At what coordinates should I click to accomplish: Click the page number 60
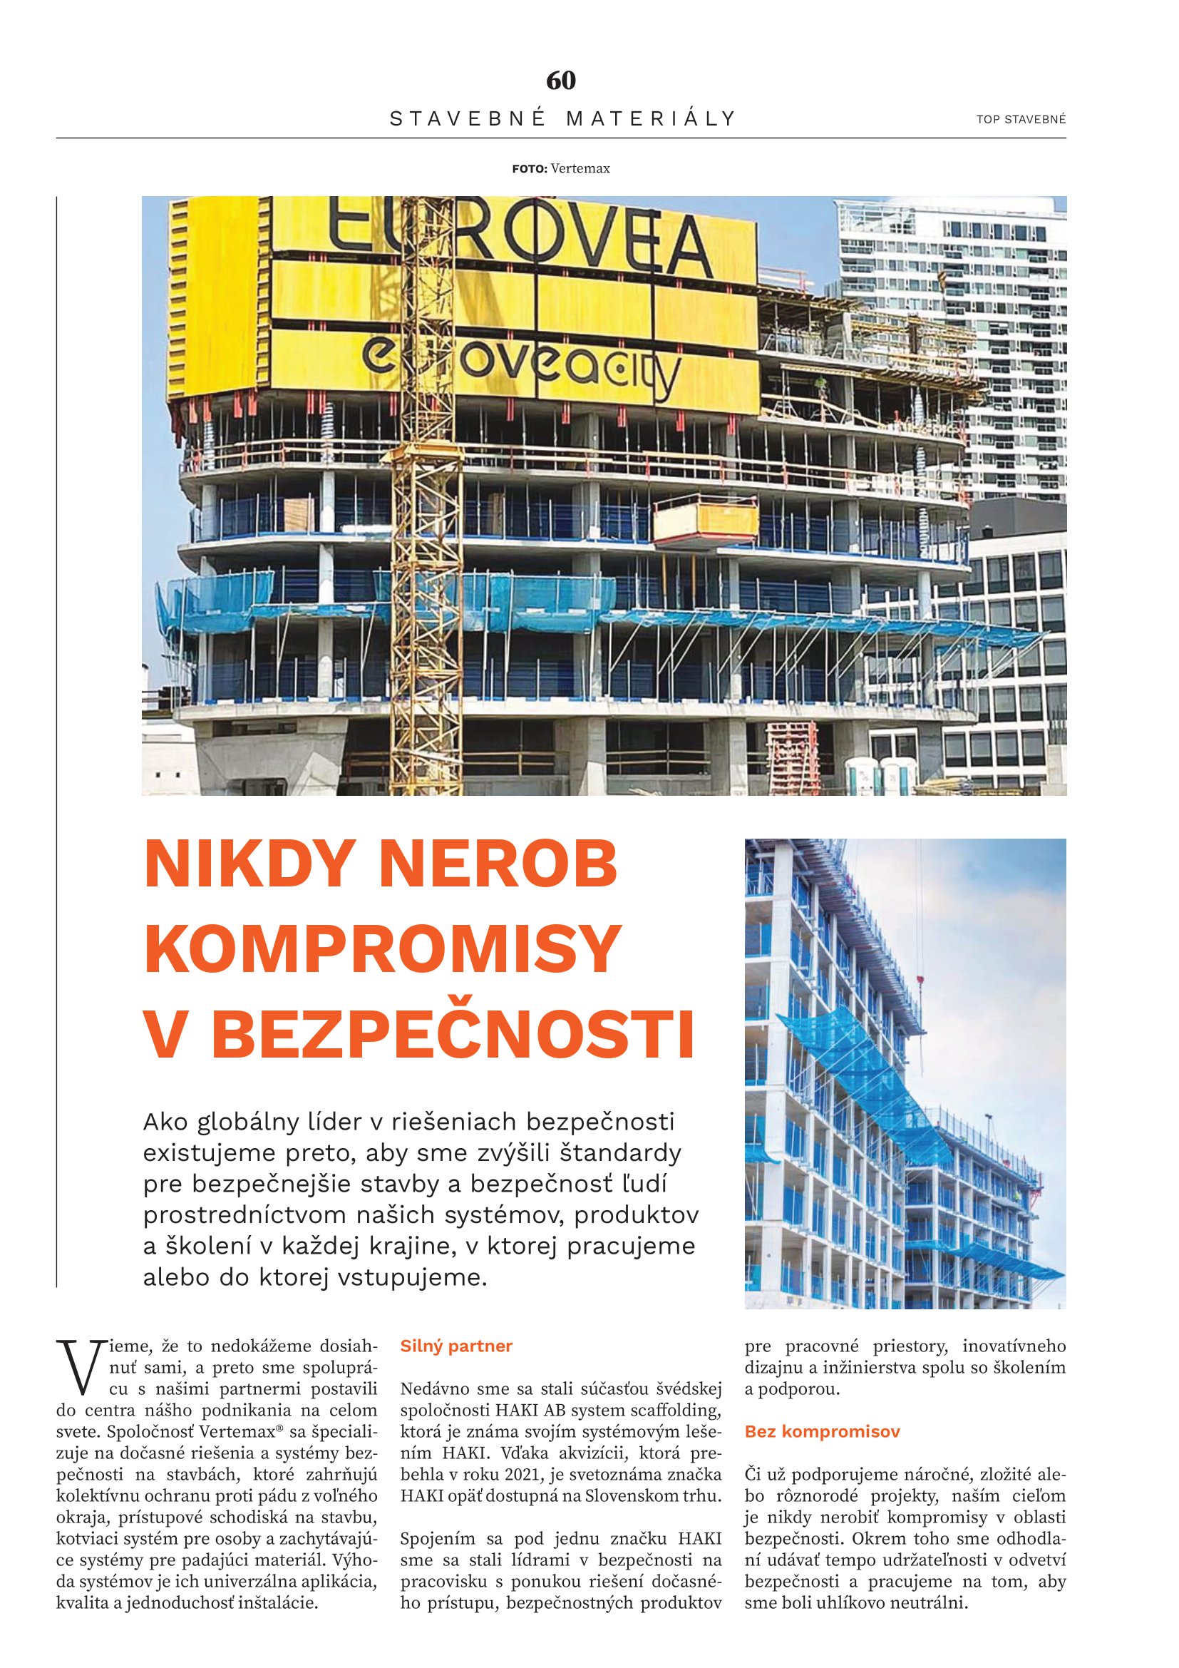[x=561, y=80]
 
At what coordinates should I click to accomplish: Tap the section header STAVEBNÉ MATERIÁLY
[x=562, y=118]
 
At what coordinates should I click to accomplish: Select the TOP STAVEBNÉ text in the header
[x=1021, y=120]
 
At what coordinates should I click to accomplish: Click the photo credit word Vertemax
[x=580, y=168]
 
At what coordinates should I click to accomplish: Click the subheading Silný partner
[x=456, y=1346]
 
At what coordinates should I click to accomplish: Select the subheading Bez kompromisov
[x=822, y=1432]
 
